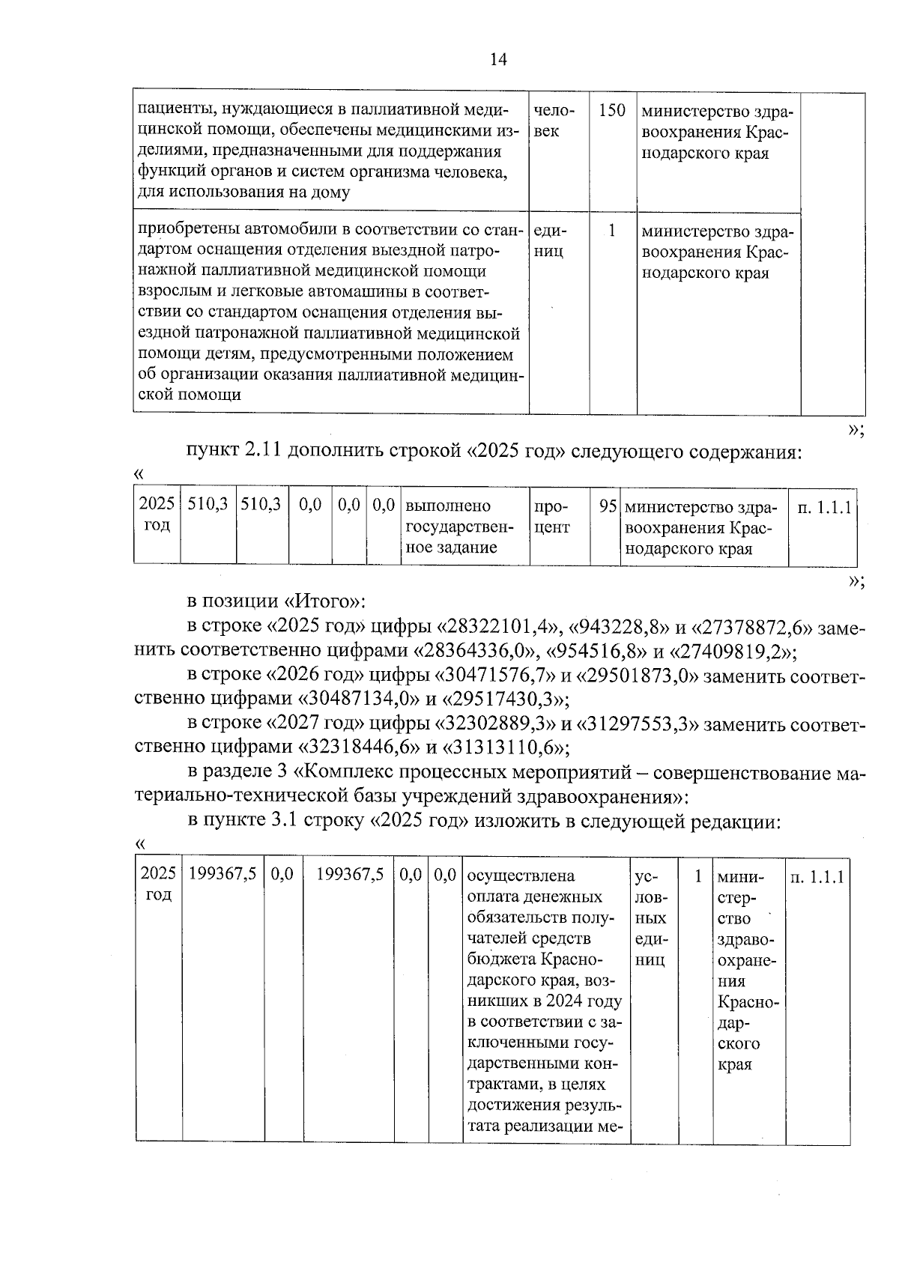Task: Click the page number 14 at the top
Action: click(x=498, y=60)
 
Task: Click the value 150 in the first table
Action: click(x=612, y=110)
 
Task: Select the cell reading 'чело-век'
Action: click(x=554, y=121)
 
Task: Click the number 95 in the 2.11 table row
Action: click(x=608, y=506)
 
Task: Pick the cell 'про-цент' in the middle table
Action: click(x=552, y=517)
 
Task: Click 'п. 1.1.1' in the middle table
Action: click(x=824, y=507)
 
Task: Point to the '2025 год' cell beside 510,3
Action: click(x=157, y=515)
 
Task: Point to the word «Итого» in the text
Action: click(x=319, y=601)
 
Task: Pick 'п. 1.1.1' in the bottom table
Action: click(x=817, y=876)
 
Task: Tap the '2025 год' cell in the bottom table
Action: click(x=158, y=884)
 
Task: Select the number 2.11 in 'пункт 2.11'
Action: click(x=263, y=452)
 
